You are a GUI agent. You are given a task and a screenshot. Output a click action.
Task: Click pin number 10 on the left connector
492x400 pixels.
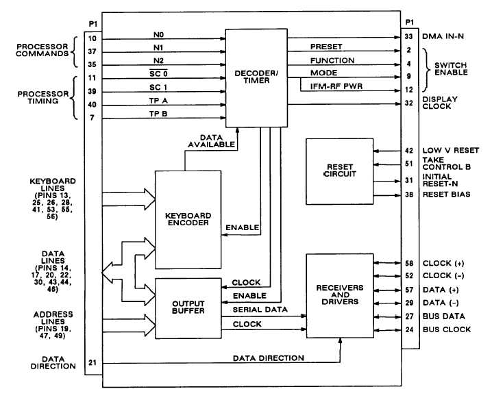click(91, 38)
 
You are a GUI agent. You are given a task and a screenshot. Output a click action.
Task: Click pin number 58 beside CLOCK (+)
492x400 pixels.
click(409, 263)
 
